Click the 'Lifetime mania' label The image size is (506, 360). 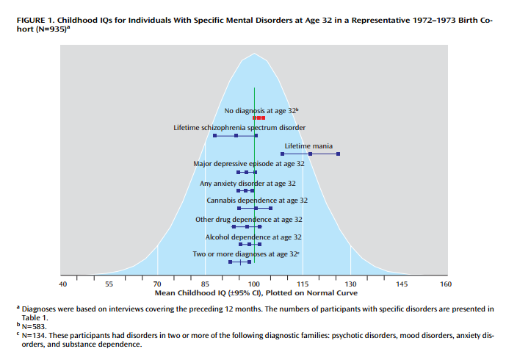point(308,145)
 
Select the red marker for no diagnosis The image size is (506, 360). point(259,118)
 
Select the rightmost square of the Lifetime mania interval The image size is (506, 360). point(338,154)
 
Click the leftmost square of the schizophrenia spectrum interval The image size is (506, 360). point(214,136)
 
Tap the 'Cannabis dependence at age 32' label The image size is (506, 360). point(257,200)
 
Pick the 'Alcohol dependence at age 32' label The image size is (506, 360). point(253,237)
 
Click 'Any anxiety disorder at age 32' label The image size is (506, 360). point(247,183)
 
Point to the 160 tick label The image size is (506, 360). point(446,284)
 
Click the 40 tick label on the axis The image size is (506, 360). point(62,284)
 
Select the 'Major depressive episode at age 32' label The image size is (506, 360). point(248,164)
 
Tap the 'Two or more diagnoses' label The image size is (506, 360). point(246,253)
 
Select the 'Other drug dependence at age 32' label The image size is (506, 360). point(249,219)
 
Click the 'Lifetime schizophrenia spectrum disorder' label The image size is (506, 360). point(239,127)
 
